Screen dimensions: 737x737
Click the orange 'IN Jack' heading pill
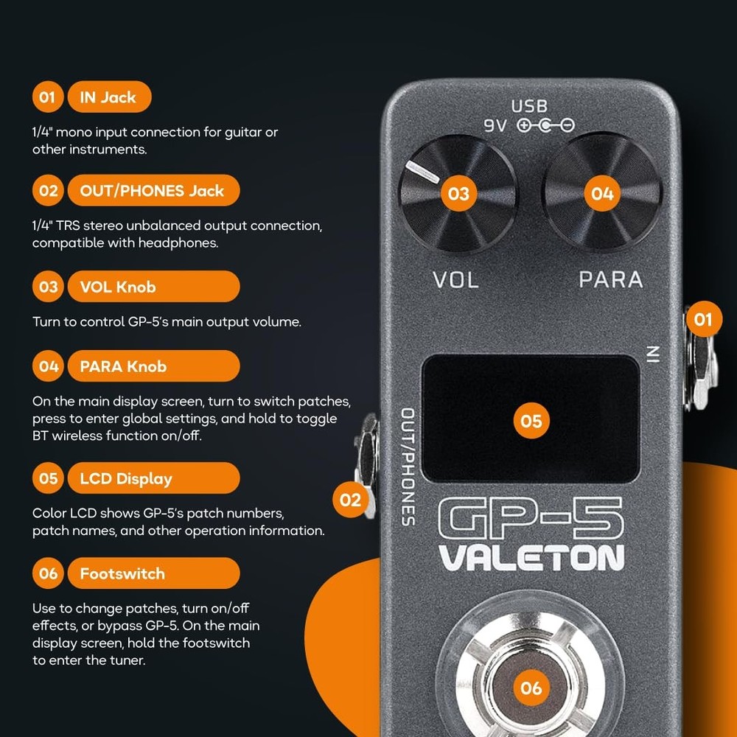[x=109, y=97]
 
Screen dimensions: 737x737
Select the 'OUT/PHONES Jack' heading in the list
[x=153, y=191]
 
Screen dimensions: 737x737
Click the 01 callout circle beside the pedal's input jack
[x=704, y=319]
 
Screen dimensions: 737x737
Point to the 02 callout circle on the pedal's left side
[x=351, y=500]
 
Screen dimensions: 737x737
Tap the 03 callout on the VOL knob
[x=458, y=194]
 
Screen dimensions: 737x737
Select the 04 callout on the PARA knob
[x=603, y=194]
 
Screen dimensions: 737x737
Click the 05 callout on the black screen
[x=531, y=421]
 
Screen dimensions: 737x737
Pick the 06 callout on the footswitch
[x=531, y=688]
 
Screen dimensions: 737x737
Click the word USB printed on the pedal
[x=530, y=107]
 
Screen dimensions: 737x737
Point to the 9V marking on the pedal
[x=495, y=126]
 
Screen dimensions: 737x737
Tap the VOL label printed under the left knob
[x=455, y=280]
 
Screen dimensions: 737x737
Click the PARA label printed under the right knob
[x=610, y=280]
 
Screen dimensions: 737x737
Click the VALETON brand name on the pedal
[x=531, y=558]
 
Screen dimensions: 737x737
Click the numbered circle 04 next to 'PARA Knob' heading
[x=49, y=366]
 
